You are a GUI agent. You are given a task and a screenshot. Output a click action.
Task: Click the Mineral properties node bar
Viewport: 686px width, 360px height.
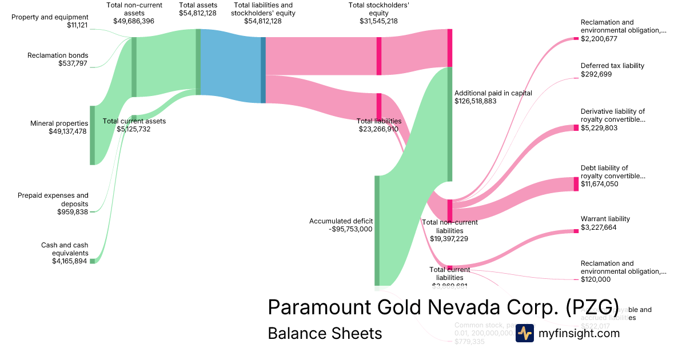92,135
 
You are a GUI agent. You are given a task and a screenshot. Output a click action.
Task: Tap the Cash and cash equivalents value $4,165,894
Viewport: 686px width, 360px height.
70,261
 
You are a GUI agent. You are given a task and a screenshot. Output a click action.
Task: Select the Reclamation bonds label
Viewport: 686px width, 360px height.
58,55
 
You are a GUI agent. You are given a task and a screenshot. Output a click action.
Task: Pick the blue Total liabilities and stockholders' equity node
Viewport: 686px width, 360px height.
263,70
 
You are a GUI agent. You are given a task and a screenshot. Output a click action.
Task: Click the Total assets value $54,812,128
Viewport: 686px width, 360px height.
198,13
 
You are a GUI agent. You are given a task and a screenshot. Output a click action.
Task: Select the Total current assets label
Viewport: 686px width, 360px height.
134,121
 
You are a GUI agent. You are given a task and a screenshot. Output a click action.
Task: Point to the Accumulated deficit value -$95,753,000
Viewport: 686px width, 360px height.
351,229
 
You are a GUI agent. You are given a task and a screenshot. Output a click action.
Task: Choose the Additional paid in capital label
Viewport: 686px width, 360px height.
493,93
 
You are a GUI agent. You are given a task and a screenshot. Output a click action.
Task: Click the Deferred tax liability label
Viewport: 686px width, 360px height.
612,66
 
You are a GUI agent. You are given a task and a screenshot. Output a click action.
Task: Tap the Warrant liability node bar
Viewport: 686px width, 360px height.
576,231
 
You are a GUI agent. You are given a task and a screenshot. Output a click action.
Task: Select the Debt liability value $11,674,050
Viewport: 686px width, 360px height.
599,184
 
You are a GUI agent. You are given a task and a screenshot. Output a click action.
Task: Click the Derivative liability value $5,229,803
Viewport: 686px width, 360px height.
599,128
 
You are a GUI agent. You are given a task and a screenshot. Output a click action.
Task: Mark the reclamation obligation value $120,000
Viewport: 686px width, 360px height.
596,279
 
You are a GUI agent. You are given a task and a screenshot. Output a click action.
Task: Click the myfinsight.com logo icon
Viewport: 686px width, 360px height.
524,333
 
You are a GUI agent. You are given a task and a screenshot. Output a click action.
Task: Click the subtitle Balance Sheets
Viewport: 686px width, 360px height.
325,333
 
